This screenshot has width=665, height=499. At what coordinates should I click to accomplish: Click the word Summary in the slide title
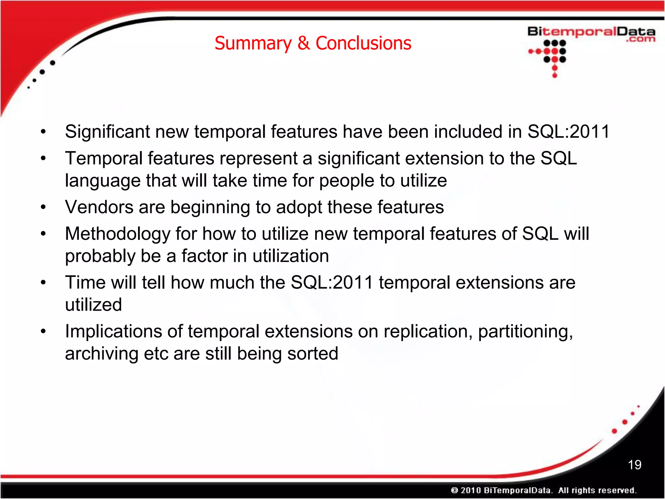(x=253, y=44)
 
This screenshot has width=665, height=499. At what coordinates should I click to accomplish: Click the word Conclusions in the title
(x=363, y=44)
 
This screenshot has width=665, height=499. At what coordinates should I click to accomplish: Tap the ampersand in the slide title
(x=304, y=44)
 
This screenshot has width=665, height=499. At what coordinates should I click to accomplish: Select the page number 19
(x=634, y=465)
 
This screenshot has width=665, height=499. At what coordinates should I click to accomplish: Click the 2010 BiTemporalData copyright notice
(x=544, y=490)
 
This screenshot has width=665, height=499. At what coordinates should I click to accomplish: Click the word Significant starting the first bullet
(x=107, y=132)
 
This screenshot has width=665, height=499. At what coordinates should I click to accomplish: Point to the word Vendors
(x=99, y=207)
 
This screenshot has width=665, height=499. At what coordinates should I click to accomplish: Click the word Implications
(x=113, y=332)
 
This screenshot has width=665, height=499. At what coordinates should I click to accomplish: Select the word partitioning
(x=525, y=332)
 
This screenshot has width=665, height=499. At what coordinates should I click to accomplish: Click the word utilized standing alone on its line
(x=94, y=305)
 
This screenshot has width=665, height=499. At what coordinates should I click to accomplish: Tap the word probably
(x=100, y=256)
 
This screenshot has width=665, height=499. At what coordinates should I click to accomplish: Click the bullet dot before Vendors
(x=43, y=207)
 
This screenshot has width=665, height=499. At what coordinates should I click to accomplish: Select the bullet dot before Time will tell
(x=43, y=283)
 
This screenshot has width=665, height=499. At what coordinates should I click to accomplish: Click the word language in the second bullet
(x=102, y=181)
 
